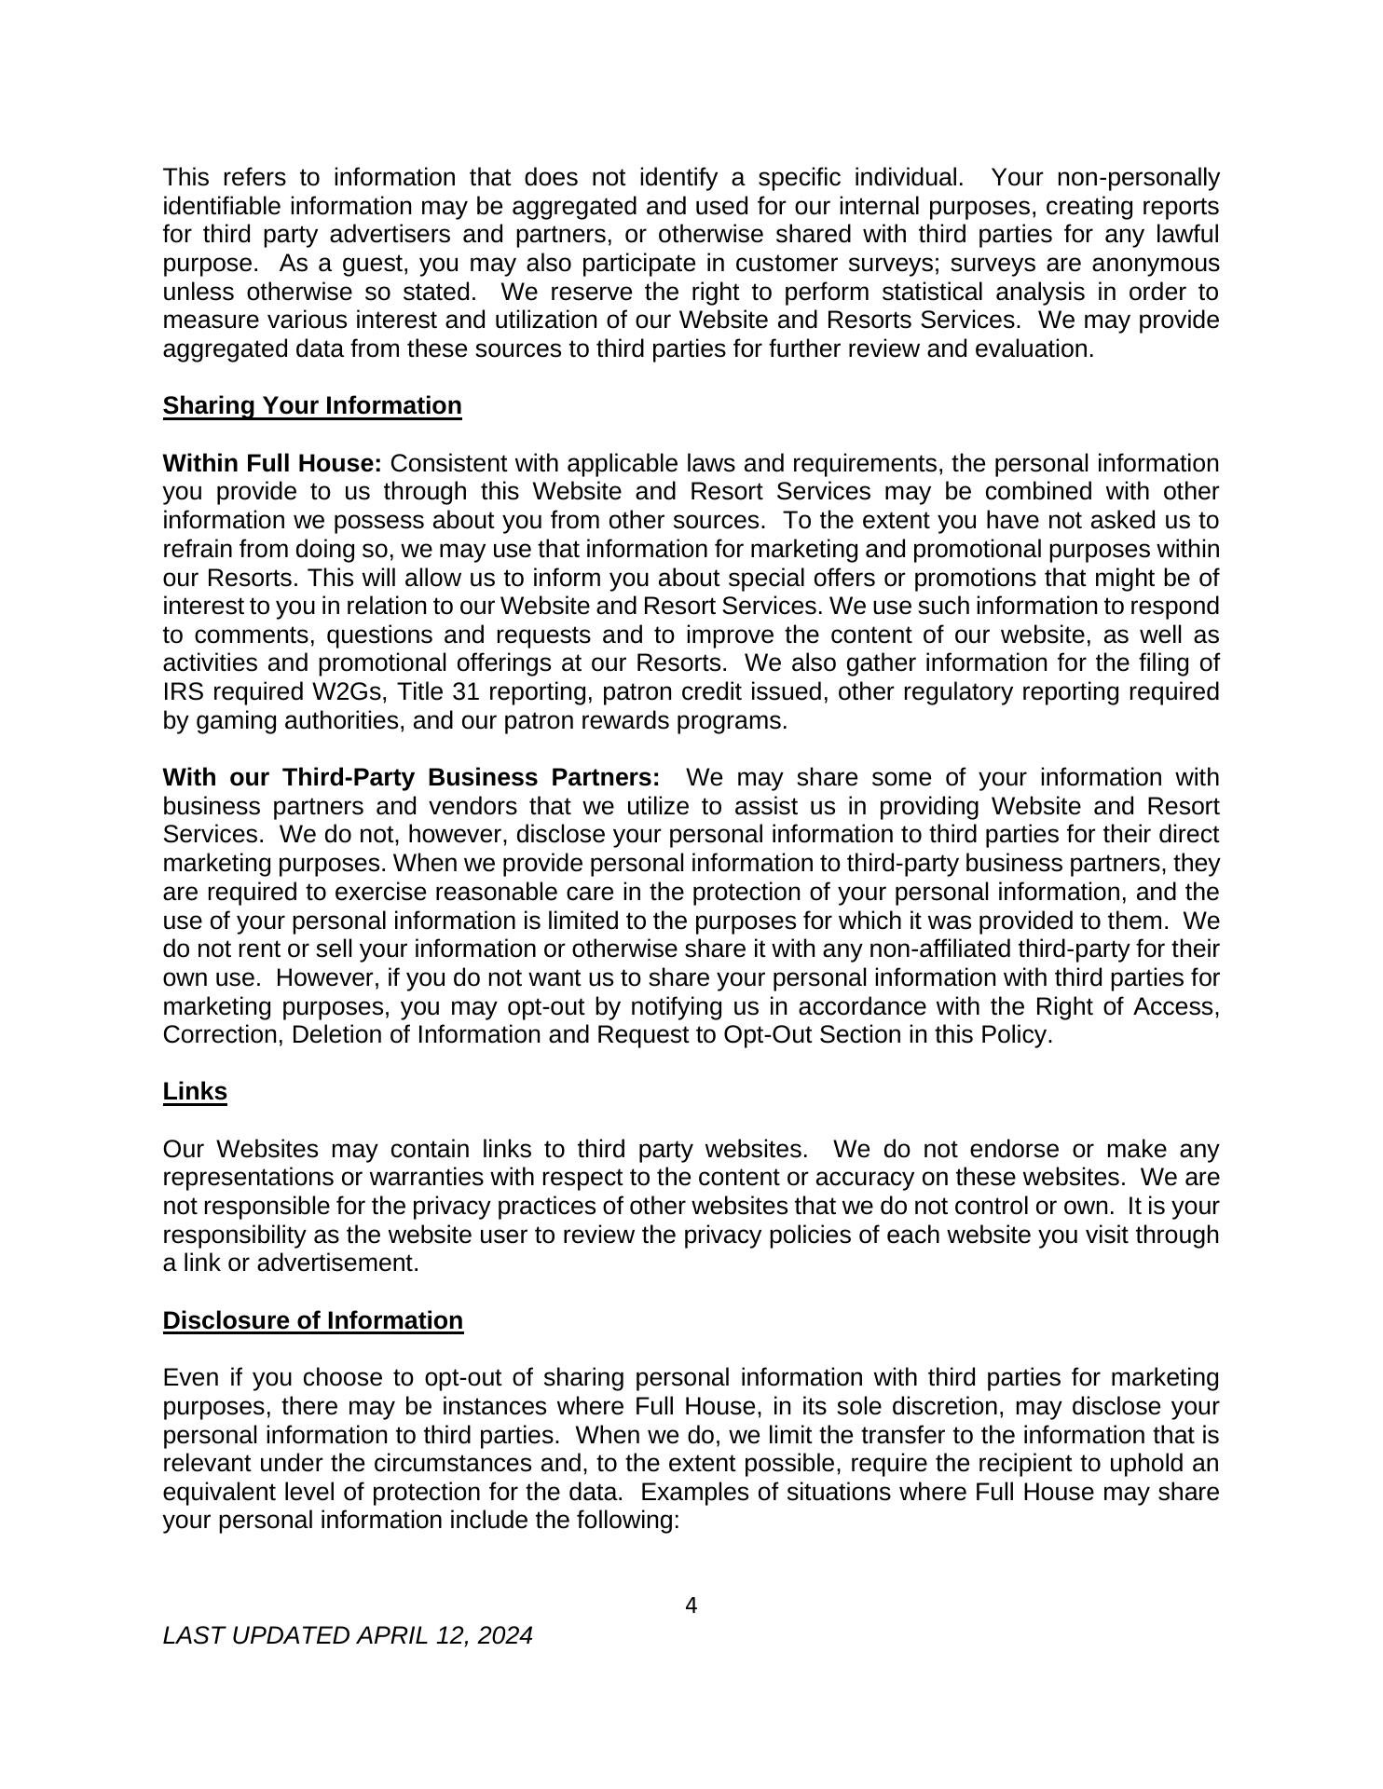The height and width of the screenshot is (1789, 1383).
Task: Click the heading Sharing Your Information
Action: pos(312,406)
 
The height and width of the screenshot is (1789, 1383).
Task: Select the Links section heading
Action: pos(195,1091)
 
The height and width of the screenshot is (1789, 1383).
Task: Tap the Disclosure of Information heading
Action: pos(313,1320)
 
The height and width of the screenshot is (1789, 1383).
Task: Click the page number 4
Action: pos(691,1605)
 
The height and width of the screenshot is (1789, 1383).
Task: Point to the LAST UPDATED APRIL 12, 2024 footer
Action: pos(348,1635)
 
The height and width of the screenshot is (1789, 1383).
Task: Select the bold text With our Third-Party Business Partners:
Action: pos(411,777)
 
